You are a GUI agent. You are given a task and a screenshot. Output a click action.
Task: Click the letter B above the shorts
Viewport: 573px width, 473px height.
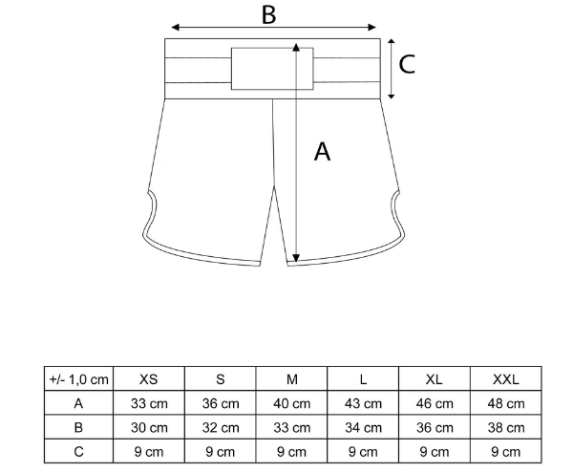point(268,15)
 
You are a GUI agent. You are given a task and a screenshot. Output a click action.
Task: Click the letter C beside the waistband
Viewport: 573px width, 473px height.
point(407,64)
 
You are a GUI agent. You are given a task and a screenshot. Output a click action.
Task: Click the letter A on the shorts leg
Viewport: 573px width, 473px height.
point(323,152)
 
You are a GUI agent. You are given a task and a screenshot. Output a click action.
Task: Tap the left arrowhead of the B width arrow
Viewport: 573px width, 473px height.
point(176,27)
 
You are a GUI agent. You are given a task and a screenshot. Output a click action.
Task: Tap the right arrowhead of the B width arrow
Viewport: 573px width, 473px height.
point(372,27)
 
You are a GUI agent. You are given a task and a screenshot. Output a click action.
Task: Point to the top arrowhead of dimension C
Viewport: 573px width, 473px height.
point(392,42)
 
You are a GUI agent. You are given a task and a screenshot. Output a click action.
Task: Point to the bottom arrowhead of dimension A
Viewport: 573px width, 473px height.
point(296,258)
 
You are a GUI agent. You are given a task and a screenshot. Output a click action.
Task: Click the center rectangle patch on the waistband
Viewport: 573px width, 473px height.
point(272,69)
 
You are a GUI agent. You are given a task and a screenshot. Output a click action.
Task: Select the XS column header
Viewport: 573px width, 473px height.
point(149,379)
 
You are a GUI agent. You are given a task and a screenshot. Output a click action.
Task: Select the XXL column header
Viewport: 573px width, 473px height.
point(506,379)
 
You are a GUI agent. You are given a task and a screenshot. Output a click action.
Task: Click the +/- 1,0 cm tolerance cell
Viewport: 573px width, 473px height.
point(79,379)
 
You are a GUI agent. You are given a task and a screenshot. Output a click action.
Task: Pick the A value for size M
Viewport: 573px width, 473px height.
point(291,403)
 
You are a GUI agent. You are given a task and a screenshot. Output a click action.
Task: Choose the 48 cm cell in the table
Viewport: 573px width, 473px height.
point(506,403)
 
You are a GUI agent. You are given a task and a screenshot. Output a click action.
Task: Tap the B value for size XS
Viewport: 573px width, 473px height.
point(149,428)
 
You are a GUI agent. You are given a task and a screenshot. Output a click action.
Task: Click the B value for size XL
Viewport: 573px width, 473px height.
point(435,428)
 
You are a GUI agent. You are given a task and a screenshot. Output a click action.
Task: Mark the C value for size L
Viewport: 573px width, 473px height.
point(363,452)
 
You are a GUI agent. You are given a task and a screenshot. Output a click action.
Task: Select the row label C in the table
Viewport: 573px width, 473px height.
point(78,452)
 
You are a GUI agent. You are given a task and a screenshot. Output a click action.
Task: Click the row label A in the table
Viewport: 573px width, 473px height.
point(78,403)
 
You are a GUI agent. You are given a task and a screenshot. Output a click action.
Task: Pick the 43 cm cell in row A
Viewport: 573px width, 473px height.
point(363,403)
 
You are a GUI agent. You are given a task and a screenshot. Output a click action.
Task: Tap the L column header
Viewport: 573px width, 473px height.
point(363,379)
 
